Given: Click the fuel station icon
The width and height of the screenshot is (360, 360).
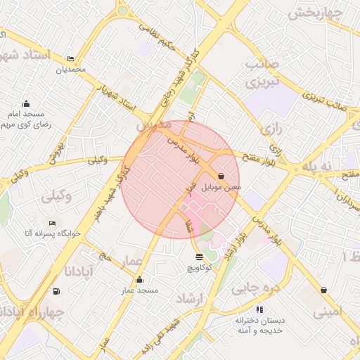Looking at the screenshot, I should coord(56,291).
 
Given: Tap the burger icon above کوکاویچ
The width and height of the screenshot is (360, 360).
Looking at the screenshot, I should coord(199,257).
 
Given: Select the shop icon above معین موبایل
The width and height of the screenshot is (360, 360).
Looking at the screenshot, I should coord(222,176).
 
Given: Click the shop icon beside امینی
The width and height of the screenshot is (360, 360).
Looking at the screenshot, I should coord(323,290).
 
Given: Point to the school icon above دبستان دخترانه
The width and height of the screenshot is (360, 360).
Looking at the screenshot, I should coord(259,309).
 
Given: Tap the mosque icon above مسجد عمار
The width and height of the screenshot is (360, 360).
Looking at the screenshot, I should coord(139,279).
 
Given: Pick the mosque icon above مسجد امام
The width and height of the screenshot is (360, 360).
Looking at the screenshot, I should coord(27,103).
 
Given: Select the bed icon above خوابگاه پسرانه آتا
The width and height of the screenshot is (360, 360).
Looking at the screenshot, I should coord(52,224).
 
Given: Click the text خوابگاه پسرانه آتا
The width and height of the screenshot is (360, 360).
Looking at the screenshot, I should coord(53,233).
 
